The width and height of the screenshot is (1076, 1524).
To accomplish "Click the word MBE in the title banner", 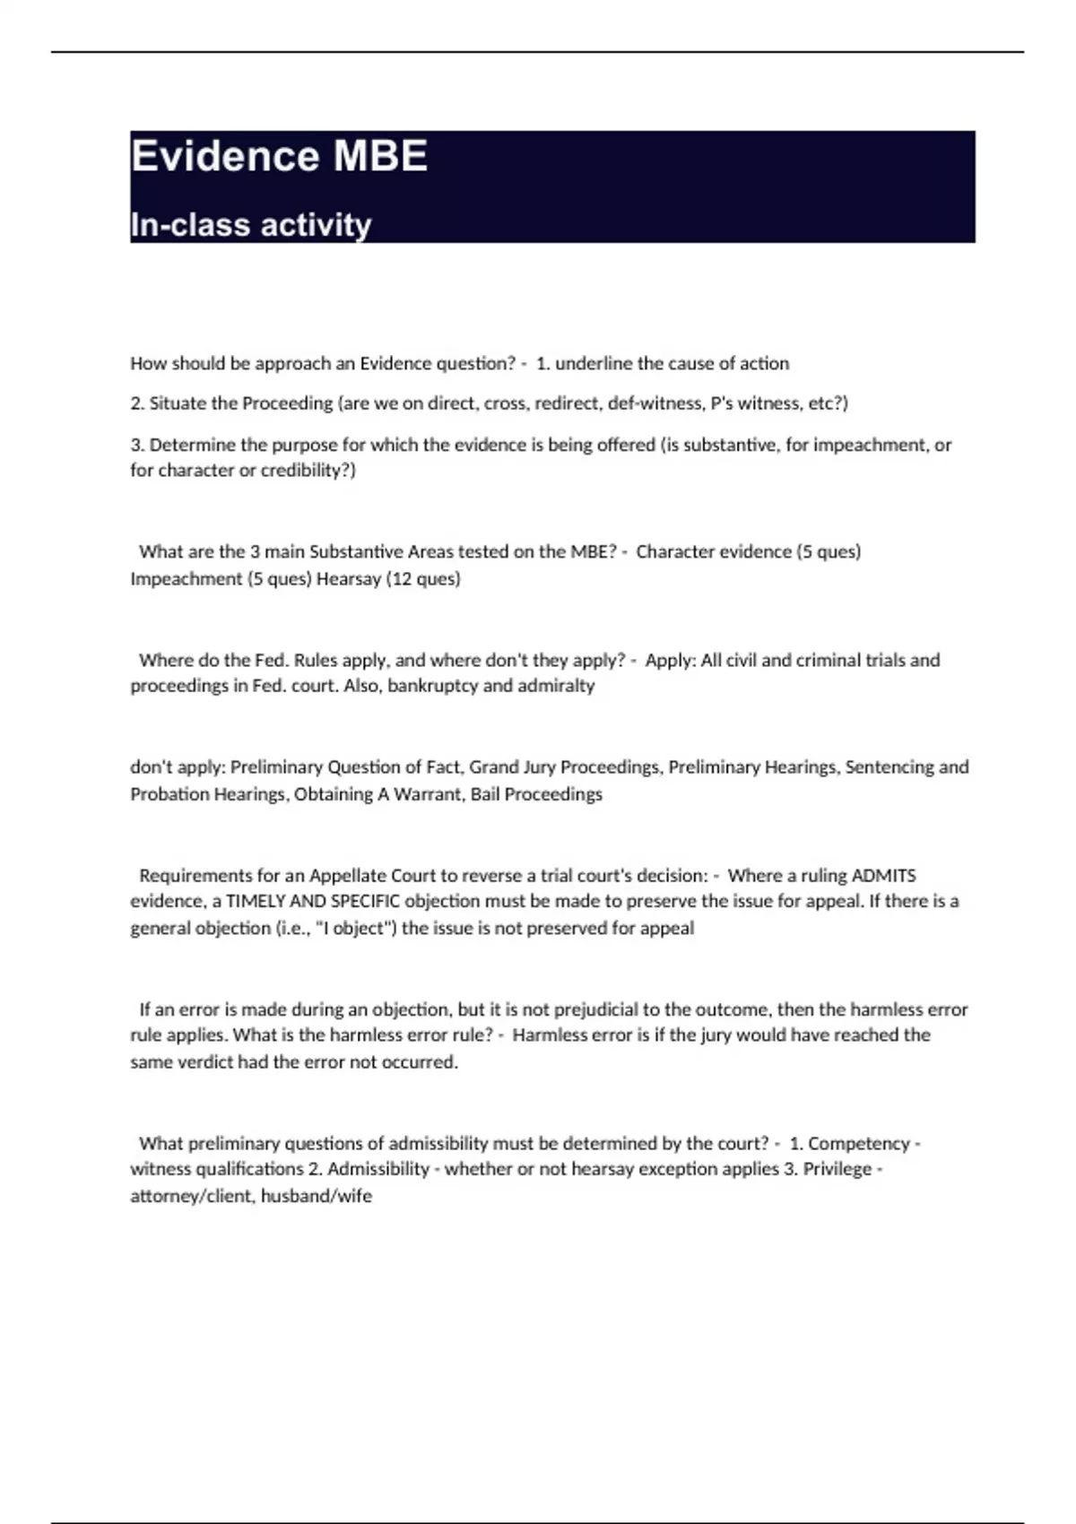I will [x=380, y=156].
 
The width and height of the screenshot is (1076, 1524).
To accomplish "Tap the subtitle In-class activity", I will [x=250, y=225].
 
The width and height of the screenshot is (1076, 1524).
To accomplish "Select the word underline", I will [x=594, y=363].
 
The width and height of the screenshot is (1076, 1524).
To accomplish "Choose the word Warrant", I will [x=426, y=794].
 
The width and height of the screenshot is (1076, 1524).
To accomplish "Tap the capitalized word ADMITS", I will [x=883, y=876].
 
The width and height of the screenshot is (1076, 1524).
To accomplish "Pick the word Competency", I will [x=858, y=1144].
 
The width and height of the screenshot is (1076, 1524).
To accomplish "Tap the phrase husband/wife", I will [x=316, y=1196].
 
